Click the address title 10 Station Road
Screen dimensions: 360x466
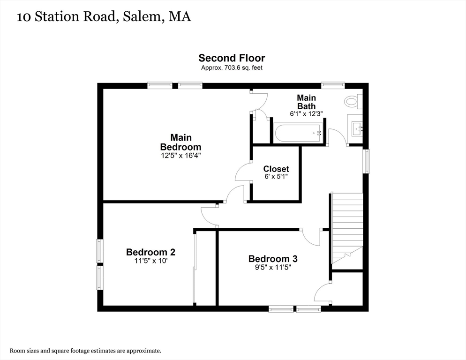tap(104, 17)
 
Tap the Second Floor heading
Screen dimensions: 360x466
tap(232, 58)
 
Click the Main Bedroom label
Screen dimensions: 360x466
tap(180, 142)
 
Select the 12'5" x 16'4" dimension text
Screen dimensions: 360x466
tap(180, 155)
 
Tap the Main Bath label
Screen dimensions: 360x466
tap(306, 102)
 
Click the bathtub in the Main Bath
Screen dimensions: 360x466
tap(299, 133)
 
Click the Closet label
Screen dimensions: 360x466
tap(276, 169)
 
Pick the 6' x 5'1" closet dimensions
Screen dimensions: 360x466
tap(276, 177)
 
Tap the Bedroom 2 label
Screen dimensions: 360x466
tap(150, 252)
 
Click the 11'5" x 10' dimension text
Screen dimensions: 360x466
tap(150, 261)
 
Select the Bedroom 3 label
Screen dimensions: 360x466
tap(272, 259)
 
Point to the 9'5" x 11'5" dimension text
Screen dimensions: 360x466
tap(272, 268)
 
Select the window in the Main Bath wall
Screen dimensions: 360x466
tap(333, 85)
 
